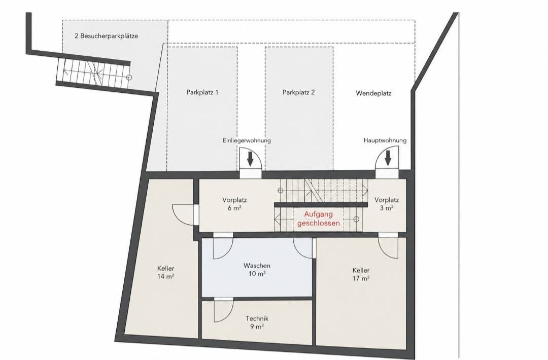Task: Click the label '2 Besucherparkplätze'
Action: coord(106,36)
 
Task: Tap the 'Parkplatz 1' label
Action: coord(202,92)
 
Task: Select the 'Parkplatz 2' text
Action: coord(298,92)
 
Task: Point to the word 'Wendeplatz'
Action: coord(373,93)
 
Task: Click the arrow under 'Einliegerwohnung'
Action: coord(250,159)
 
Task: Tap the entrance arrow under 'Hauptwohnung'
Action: coord(388,159)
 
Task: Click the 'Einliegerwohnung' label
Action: coord(247,141)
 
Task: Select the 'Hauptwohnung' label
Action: coord(385,140)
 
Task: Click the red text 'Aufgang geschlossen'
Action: coord(318,219)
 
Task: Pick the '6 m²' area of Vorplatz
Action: coord(234,208)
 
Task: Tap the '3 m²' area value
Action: coord(387,208)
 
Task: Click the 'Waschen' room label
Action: coord(257,266)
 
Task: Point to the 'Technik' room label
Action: coord(257,318)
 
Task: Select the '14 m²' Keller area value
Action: coord(165,276)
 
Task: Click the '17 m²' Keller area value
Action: coord(361,278)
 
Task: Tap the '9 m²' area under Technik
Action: coord(257,327)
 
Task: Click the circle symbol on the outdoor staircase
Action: coord(129,78)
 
